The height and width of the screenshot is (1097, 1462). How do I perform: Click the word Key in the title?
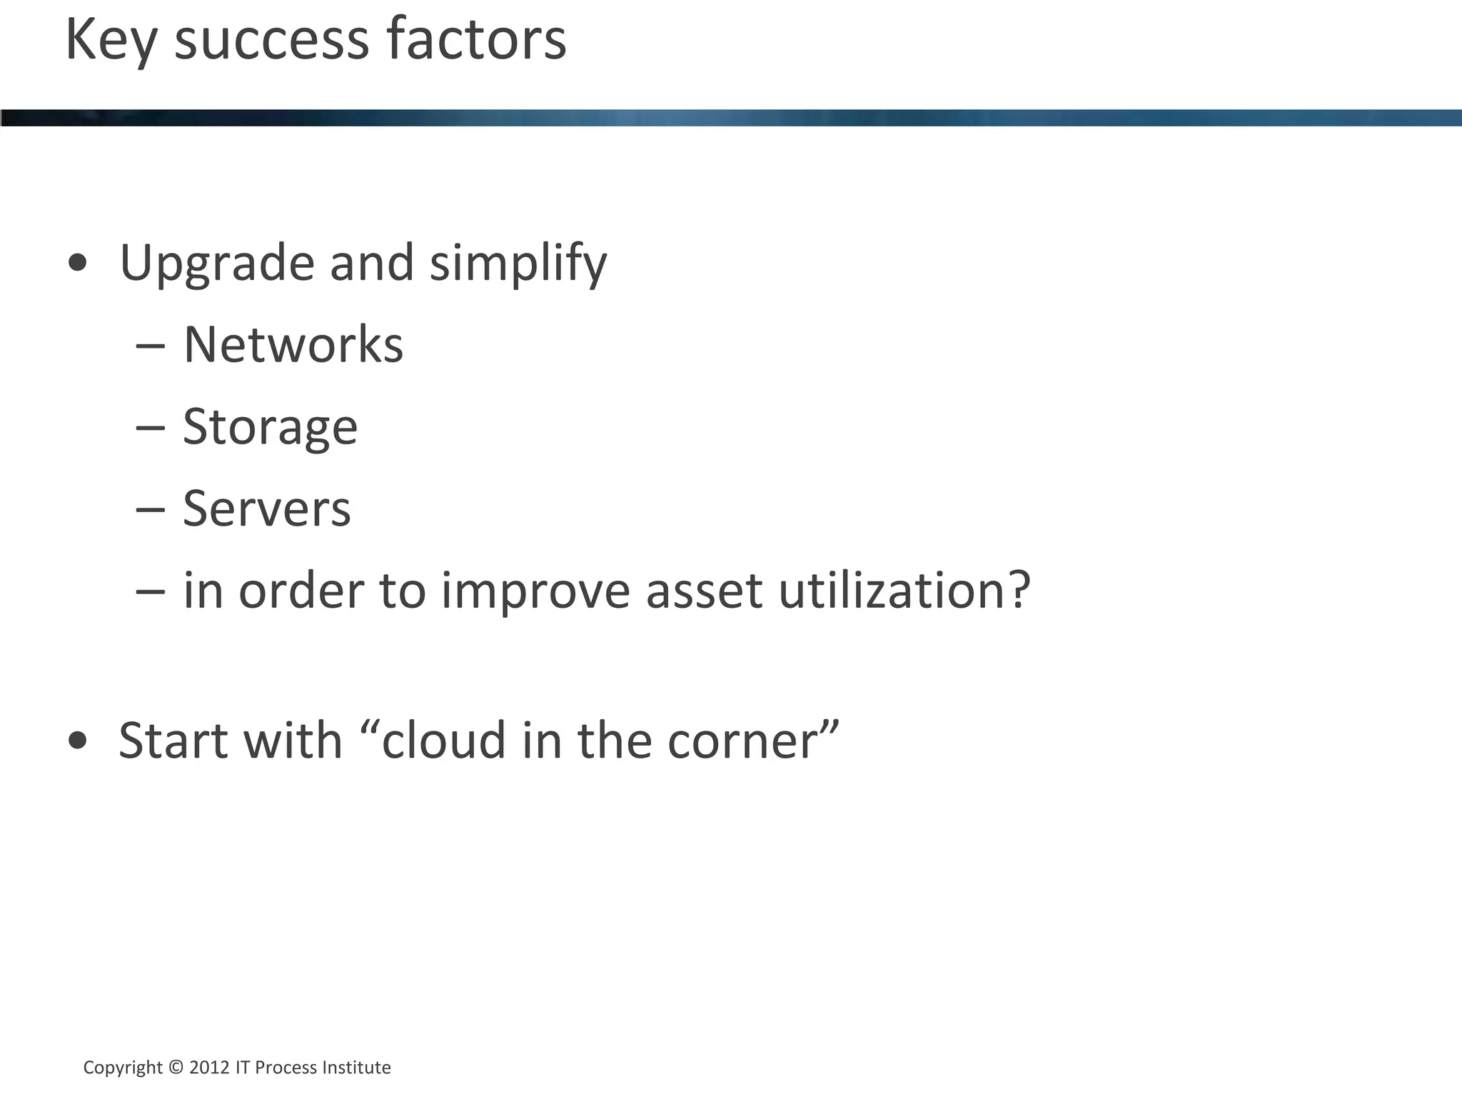click(111, 41)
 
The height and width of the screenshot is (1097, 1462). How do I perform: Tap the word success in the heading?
click(272, 41)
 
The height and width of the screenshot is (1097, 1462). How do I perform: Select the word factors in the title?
click(476, 41)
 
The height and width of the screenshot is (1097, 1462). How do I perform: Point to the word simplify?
click(518, 264)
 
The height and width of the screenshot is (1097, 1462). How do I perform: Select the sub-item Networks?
click(293, 345)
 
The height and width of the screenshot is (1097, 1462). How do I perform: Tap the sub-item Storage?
click(270, 427)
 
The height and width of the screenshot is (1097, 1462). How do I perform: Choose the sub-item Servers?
click(267, 509)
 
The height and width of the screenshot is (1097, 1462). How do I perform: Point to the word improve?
click(535, 591)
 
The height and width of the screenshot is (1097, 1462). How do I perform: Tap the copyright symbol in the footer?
click(176, 1068)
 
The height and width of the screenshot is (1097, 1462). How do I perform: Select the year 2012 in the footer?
click(209, 1068)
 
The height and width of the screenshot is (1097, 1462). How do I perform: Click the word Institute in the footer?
click(356, 1068)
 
